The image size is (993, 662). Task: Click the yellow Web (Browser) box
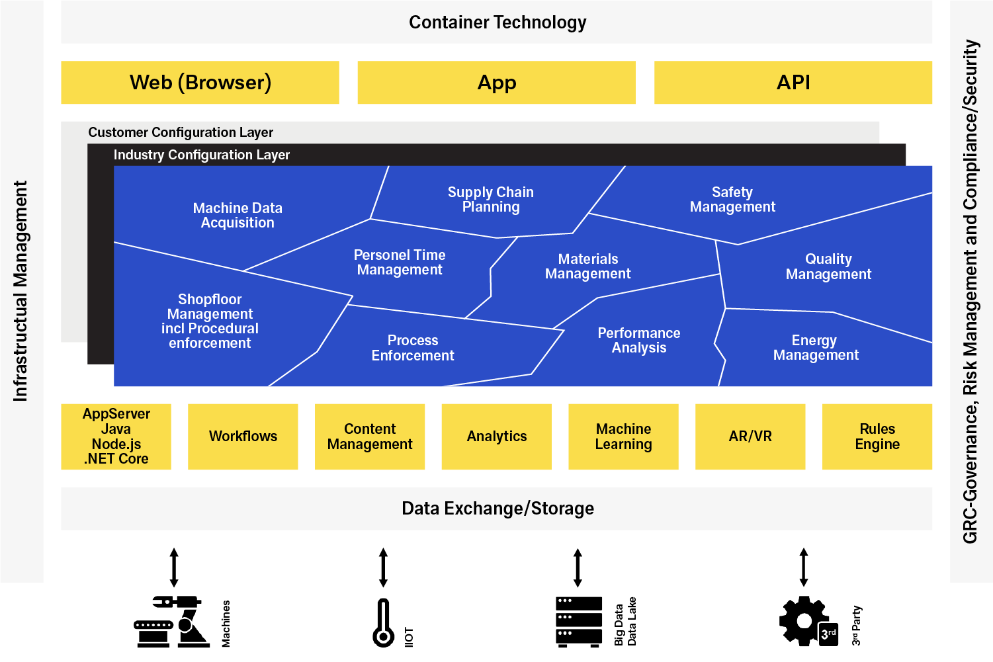[200, 83]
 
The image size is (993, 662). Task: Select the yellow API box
[793, 83]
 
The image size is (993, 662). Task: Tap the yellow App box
[496, 83]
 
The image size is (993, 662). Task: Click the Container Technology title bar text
[497, 22]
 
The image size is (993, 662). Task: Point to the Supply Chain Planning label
[490, 199]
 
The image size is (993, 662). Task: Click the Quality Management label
[828, 267]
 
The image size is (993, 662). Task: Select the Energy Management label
[815, 348]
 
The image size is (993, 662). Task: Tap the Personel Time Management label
[400, 263]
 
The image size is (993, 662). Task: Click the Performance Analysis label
[638, 341]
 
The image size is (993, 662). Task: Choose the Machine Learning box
[623, 436]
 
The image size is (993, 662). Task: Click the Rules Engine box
[877, 436]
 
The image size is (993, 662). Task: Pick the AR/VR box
[750, 436]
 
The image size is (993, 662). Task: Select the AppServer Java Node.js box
[116, 436]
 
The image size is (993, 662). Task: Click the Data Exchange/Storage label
[497, 509]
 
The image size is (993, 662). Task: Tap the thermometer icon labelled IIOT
[383, 623]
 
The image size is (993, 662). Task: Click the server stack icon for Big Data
[578, 622]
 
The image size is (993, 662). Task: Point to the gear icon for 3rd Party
[803, 621]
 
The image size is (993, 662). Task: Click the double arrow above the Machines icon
[174, 567]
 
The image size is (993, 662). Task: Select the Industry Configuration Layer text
[201, 155]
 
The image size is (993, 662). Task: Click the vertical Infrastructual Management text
[21, 291]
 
